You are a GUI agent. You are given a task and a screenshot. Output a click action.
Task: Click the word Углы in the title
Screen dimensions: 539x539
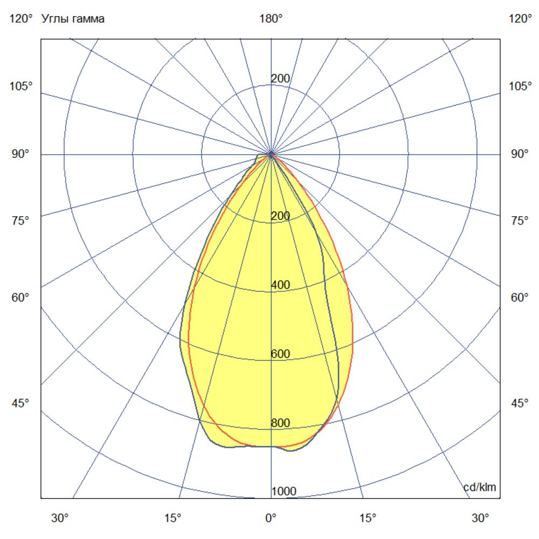tap(55, 19)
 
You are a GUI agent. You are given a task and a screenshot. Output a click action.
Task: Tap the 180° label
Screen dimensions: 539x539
tap(271, 19)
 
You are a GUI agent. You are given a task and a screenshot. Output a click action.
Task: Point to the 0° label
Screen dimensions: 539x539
tap(271, 519)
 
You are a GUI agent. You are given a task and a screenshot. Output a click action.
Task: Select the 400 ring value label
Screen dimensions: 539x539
tap(280, 285)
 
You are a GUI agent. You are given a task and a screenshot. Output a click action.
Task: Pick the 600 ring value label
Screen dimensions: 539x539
tap(280, 354)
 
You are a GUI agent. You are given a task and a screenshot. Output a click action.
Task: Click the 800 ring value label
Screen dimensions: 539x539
tap(280, 423)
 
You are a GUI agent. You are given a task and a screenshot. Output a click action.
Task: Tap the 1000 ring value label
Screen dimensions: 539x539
tap(284, 492)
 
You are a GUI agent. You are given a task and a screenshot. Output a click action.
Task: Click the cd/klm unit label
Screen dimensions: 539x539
tap(480, 487)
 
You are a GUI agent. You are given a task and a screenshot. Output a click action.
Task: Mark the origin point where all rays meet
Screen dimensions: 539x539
tap(271, 155)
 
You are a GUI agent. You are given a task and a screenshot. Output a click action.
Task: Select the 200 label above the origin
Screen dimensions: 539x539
tap(280, 79)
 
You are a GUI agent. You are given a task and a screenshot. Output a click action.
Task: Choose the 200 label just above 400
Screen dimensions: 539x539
tap(280, 216)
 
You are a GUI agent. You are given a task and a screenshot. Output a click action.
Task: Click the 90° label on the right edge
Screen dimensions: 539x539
tap(520, 155)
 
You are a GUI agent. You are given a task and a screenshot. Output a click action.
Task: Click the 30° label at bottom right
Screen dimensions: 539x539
tap(480, 519)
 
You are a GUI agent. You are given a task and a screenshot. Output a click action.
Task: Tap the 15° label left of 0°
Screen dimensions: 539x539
tap(172, 519)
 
